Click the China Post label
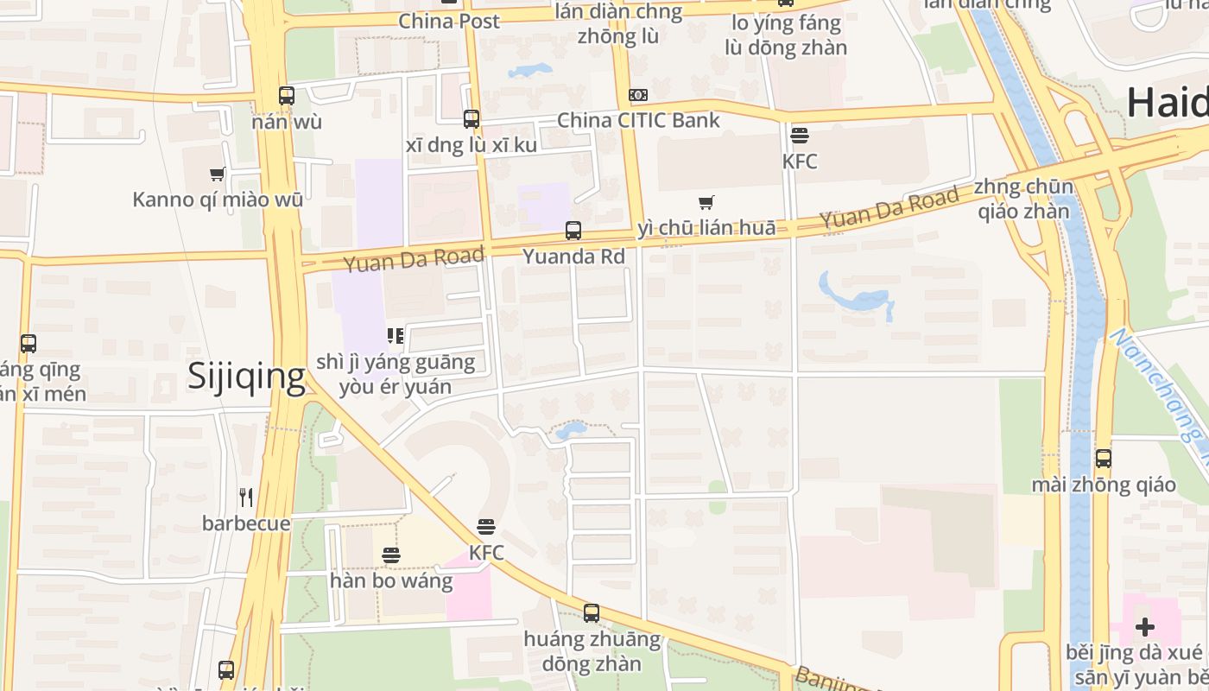pyautogui.click(x=449, y=21)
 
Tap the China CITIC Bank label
pyautogui.click(x=638, y=120)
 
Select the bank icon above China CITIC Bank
pyautogui.click(x=638, y=95)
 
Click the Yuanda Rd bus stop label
pyautogui.click(x=573, y=257)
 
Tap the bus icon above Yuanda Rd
pyautogui.click(x=573, y=231)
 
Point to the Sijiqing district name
pyautogui.click(x=247, y=377)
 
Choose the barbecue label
pyautogui.click(x=246, y=523)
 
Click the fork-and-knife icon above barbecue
pyautogui.click(x=246, y=497)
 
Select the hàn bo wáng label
pyautogui.click(x=391, y=580)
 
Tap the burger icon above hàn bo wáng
pyautogui.click(x=391, y=555)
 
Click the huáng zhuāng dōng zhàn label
pyautogui.click(x=592, y=651)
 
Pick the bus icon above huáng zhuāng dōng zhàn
pyautogui.click(x=592, y=613)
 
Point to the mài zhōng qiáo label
pyautogui.click(x=1104, y=485)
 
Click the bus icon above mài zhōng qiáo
pyautogui.click(x=1104, y=459)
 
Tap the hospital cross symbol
pyautogui.click(x=1145, y=626)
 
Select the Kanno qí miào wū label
pyautogui.click(x=218, y=200)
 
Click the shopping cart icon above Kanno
pyautogui.click(x=218, y=174)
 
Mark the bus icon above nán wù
pyautogui.click(x=287, y=96)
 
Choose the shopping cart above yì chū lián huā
pyautogui.click(x=706, y=203)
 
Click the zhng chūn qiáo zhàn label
pyautogui.click(x=1023, y=200)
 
